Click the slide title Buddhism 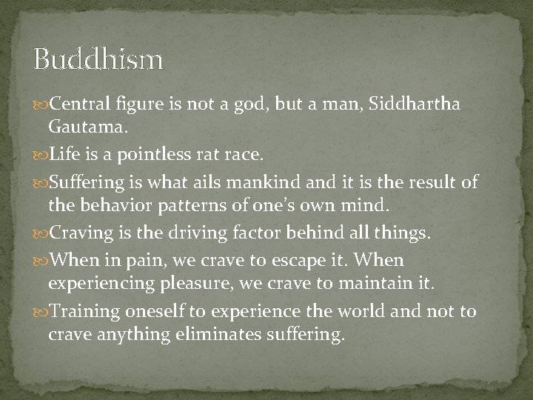98,60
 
